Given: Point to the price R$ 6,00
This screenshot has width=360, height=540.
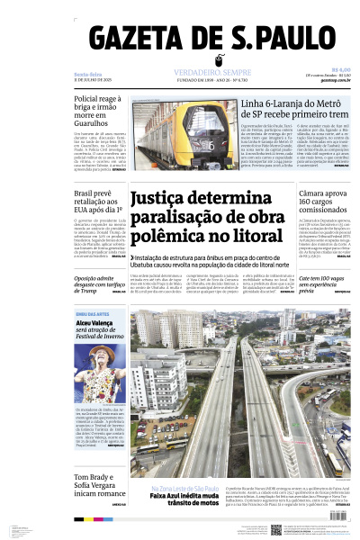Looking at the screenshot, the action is (x=340, y=69).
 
